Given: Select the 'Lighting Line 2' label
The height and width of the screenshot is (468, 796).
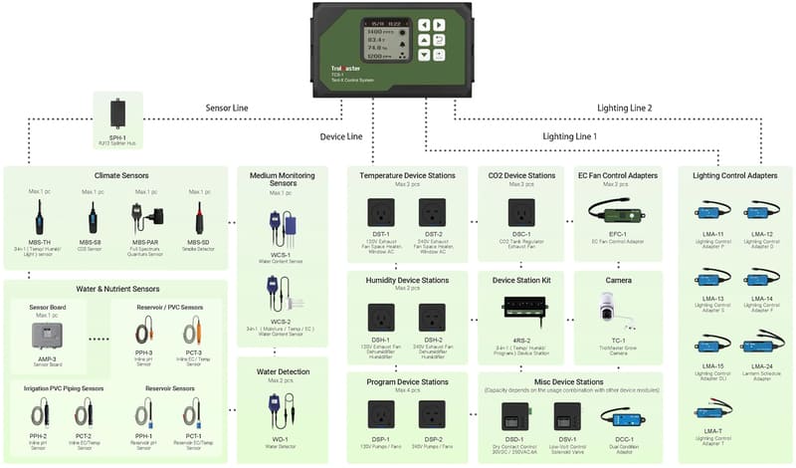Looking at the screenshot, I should [624, 107].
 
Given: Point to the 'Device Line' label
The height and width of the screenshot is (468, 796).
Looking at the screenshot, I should [340, 136].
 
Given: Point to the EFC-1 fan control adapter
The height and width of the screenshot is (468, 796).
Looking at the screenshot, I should [617, 212].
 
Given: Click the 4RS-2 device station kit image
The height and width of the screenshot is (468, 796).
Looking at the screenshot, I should [521, 308].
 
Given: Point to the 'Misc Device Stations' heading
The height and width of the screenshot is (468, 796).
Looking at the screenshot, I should [571, 381].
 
